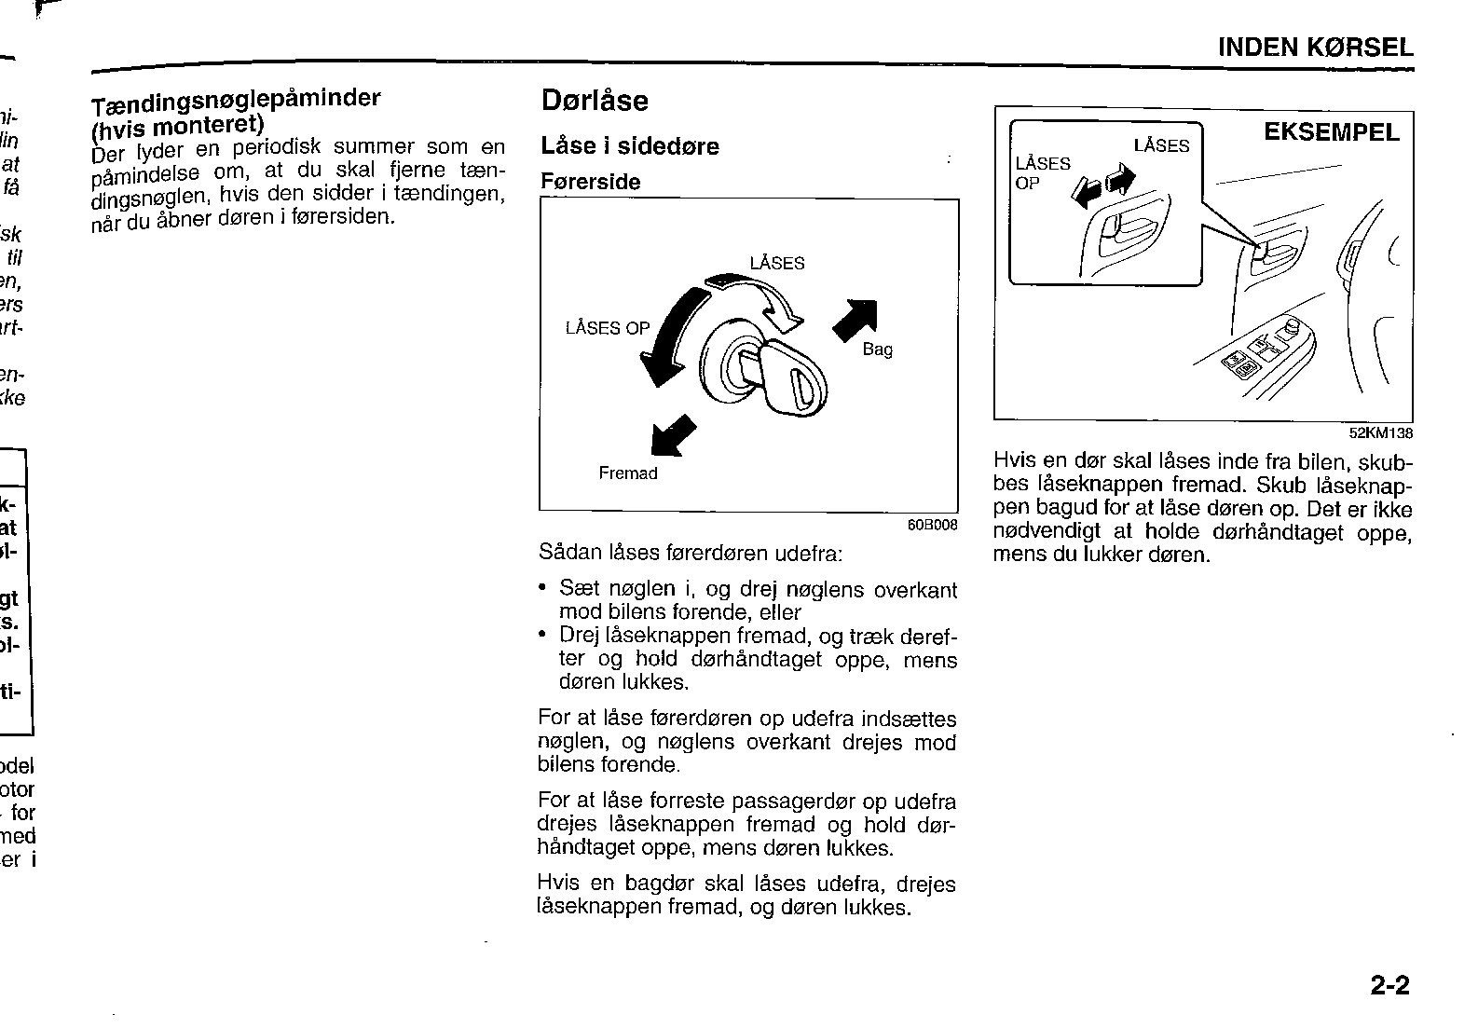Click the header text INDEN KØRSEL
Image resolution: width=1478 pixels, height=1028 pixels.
click(x=1315, y=47)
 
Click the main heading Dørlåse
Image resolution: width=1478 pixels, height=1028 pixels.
click(x=595, y=101)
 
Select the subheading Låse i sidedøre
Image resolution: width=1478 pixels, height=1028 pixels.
click(x=629, y=145)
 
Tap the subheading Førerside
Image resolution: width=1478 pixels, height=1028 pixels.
click(x=590, y=182)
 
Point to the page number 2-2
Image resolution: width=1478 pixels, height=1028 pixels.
click(x=1389, y=985)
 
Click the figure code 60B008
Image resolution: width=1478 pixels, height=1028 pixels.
click(x=932, y=525)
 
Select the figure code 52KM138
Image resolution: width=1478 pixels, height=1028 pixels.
click(x=1381, y=433)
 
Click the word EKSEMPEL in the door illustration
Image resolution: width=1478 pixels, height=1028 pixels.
click(x=1332, y=132)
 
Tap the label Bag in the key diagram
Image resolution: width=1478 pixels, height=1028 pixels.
click(x=878, y=350)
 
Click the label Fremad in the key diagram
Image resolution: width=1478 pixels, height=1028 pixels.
click(x=628, y=473)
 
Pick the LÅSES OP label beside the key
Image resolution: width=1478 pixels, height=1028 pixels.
click(x=608, y=328)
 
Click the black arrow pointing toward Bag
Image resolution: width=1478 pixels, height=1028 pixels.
click(x=855, y=320)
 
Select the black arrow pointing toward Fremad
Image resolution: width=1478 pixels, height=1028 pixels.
click(x=673, y=435)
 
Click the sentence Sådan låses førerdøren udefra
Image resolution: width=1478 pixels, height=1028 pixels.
click(x=691, y=553)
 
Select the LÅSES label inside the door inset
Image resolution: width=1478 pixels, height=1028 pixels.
click(x=1161, y=145)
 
